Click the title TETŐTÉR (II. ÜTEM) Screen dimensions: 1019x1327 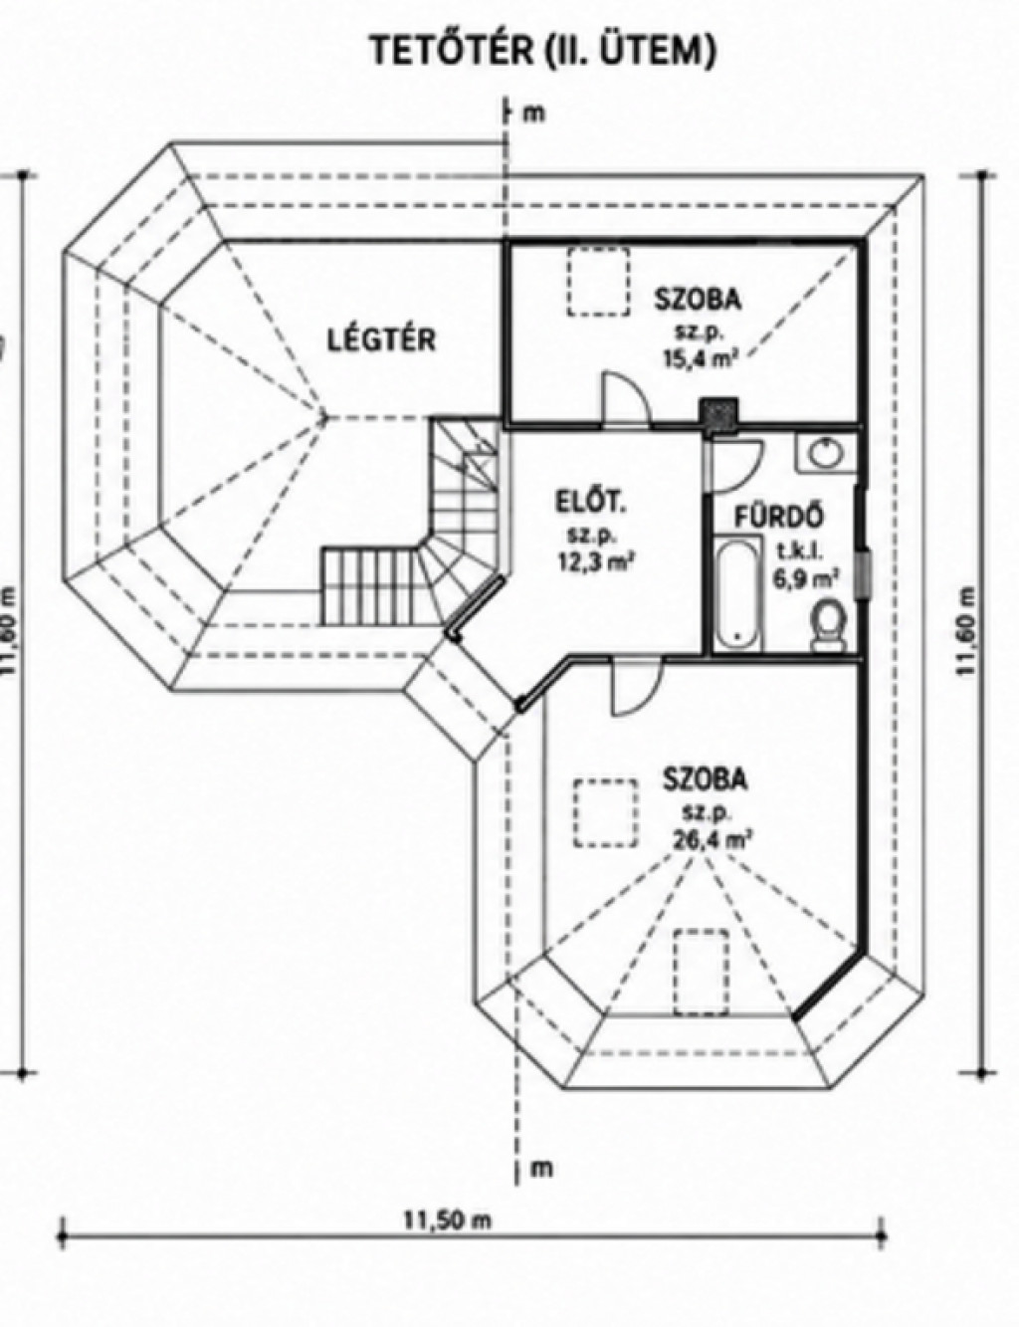542,51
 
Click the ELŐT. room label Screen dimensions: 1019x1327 590,505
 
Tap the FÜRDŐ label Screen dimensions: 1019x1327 779,517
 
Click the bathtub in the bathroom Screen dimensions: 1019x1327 738,592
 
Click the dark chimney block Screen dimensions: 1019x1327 719,411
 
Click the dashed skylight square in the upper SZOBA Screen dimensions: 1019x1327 598,281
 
